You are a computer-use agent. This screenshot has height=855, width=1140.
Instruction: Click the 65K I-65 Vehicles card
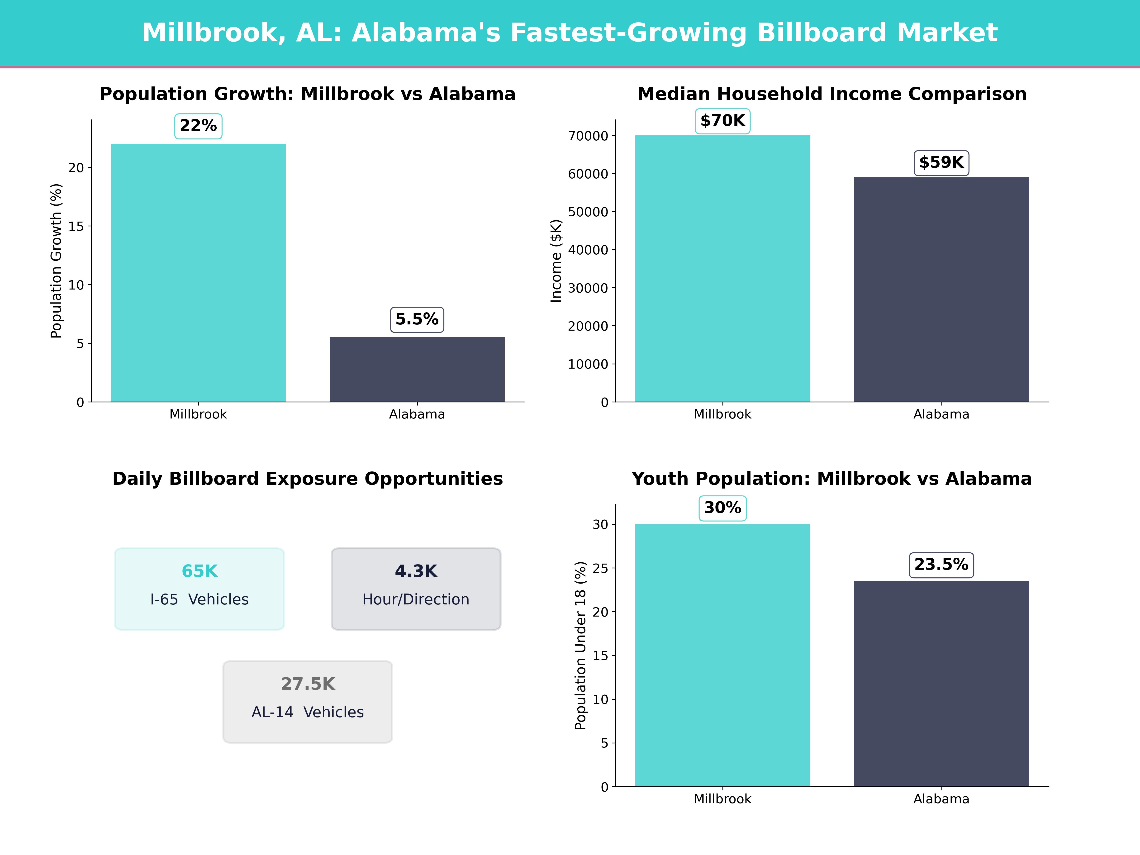coord(199,589)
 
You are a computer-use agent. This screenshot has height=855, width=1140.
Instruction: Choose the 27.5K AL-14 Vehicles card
coord(308,701)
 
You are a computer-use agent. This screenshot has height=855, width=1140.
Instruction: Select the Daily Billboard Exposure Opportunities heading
coord(308,479)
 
